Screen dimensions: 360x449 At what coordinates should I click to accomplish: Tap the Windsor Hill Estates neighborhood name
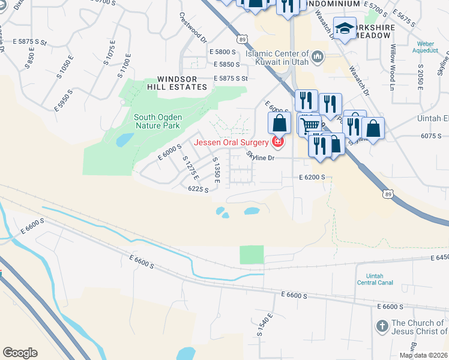point(182,83)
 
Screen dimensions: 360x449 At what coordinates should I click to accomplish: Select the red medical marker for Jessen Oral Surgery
point(277,142)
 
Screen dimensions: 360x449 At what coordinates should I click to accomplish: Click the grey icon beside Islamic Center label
point(318,57)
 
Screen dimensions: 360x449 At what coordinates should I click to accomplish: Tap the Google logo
point(20,353)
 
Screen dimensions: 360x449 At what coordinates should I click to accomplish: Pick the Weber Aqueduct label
point(432,47)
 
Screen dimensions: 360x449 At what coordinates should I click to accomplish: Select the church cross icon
point(381,326)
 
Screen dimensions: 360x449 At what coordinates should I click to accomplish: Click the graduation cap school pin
point(345,29)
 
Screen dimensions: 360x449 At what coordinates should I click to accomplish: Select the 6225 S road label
point(198,189)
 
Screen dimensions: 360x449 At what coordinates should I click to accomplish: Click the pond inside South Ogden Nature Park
point(125,140)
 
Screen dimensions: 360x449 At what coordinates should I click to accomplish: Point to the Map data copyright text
point(423,355)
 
